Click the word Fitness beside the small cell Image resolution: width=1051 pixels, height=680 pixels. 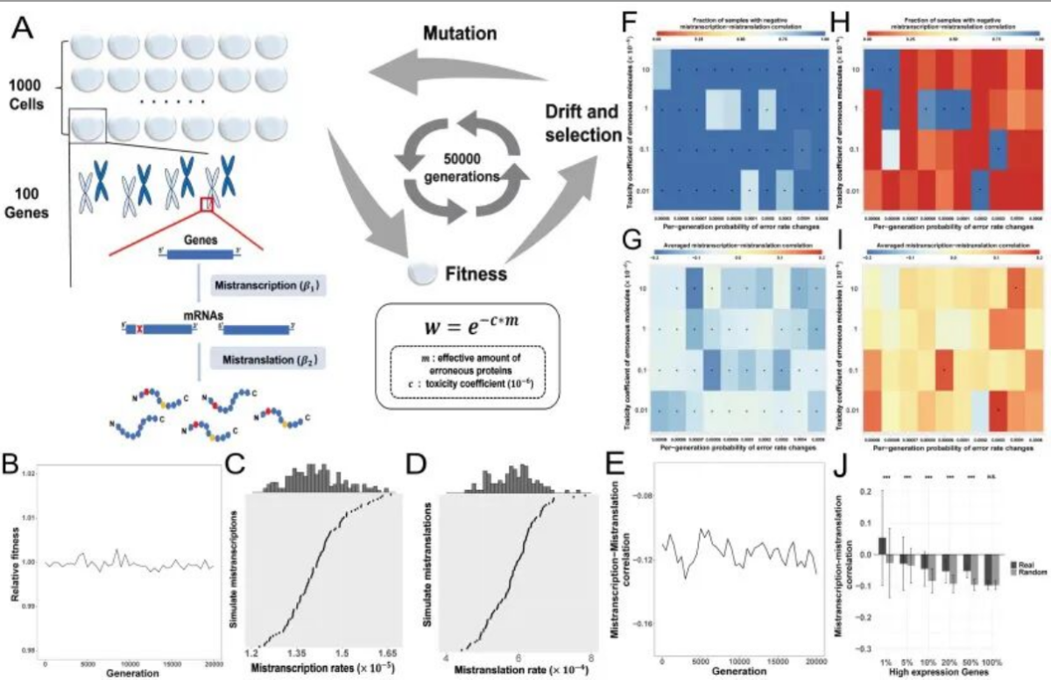[474, 273]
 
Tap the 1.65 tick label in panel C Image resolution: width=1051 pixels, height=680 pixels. [387, 653]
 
